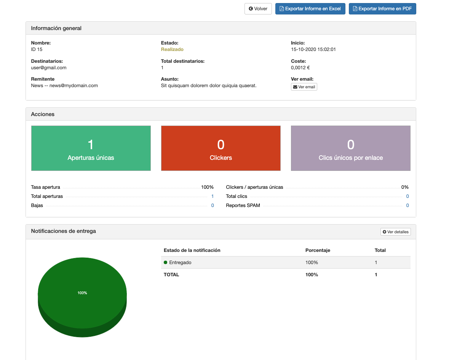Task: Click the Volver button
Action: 258,9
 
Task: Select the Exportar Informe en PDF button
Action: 382,9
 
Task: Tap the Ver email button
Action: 304,87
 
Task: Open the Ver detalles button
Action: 396,232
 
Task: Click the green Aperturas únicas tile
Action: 91,148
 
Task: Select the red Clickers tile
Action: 221,148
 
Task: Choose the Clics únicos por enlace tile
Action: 351,148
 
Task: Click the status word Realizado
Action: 172,49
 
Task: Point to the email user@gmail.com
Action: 49,68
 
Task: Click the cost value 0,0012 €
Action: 300,68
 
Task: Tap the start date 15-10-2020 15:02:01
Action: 313,49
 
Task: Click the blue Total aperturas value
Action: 213,196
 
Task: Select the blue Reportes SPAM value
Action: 407,205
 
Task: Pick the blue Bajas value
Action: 213,205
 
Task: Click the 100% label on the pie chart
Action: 82,293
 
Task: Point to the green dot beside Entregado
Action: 166,262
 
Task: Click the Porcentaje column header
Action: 318,250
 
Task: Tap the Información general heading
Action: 56,28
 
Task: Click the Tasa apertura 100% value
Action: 207,187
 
